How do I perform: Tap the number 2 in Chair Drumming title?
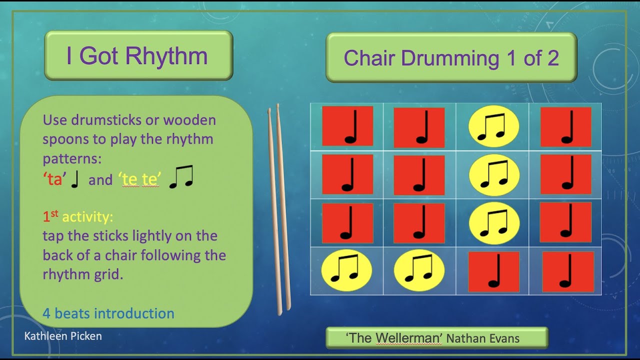552,58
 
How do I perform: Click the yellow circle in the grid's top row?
493,127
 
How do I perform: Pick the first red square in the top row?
347,126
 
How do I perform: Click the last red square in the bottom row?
568,271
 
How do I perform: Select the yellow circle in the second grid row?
494,175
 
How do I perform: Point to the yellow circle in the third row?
494,223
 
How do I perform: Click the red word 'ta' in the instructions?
54,179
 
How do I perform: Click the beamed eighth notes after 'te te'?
181,178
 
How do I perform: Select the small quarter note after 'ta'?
75,179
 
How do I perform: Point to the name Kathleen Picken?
63,336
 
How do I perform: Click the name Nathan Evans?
482,338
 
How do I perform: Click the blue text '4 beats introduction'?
108,313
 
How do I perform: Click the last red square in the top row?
566,126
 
